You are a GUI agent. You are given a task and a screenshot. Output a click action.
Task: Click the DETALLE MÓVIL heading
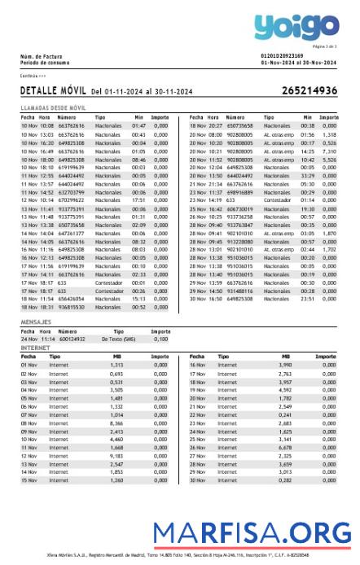click(52, 91)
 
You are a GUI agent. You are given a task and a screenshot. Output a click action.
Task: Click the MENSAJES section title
click(36, 322)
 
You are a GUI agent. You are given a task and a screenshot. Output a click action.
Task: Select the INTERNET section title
click(35, 347)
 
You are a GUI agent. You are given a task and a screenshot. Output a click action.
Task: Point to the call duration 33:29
click(307, 176)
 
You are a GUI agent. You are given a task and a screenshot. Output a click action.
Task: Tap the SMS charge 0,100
click(161, 339)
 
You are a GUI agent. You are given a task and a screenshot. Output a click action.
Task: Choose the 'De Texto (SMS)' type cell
click(119, 339)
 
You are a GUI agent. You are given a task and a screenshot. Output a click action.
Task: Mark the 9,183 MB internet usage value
click(116, 456)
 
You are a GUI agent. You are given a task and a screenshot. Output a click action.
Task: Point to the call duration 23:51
click(307, 299)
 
